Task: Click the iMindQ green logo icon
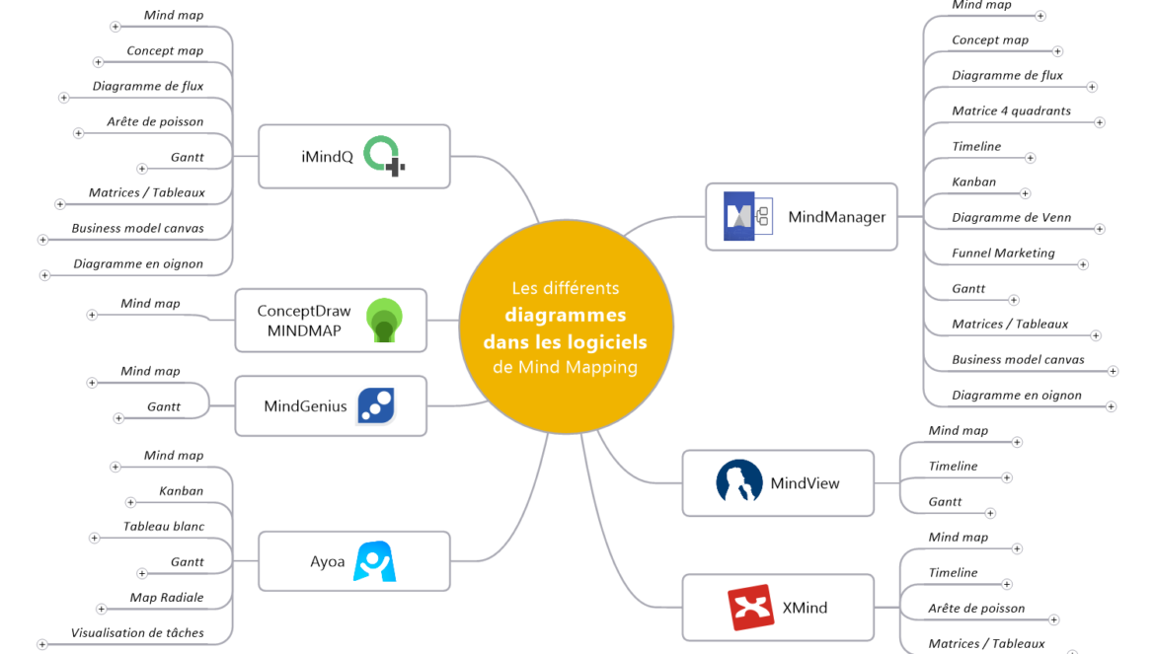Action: [x=383, y=156]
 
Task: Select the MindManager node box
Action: [x=801, y=216]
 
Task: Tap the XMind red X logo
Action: [x=750, y=608]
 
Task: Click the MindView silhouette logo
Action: [x=738, y=482]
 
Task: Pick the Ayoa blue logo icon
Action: [x=375, y=561]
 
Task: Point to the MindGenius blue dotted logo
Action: [x=376, y=405]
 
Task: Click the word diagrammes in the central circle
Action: [x=565, y=316]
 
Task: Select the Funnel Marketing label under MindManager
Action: [x=1003, y=254]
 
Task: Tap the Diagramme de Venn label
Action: [x=1011, y=218]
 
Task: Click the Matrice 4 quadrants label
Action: [x=1011, y=111]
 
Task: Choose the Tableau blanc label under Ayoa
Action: [x=164, y=527]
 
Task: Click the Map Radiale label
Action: [x=167, y=598]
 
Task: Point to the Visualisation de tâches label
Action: [x=137, y=633]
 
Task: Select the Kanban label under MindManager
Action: [x=973, y=182]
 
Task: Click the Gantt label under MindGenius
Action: [x=164, y=406]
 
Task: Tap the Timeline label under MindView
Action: [x=953, y=467]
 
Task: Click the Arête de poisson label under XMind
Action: [x=976, y=609]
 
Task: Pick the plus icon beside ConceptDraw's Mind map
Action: [x=92, y=316]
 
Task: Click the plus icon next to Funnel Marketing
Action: [x=1083, y=264]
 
